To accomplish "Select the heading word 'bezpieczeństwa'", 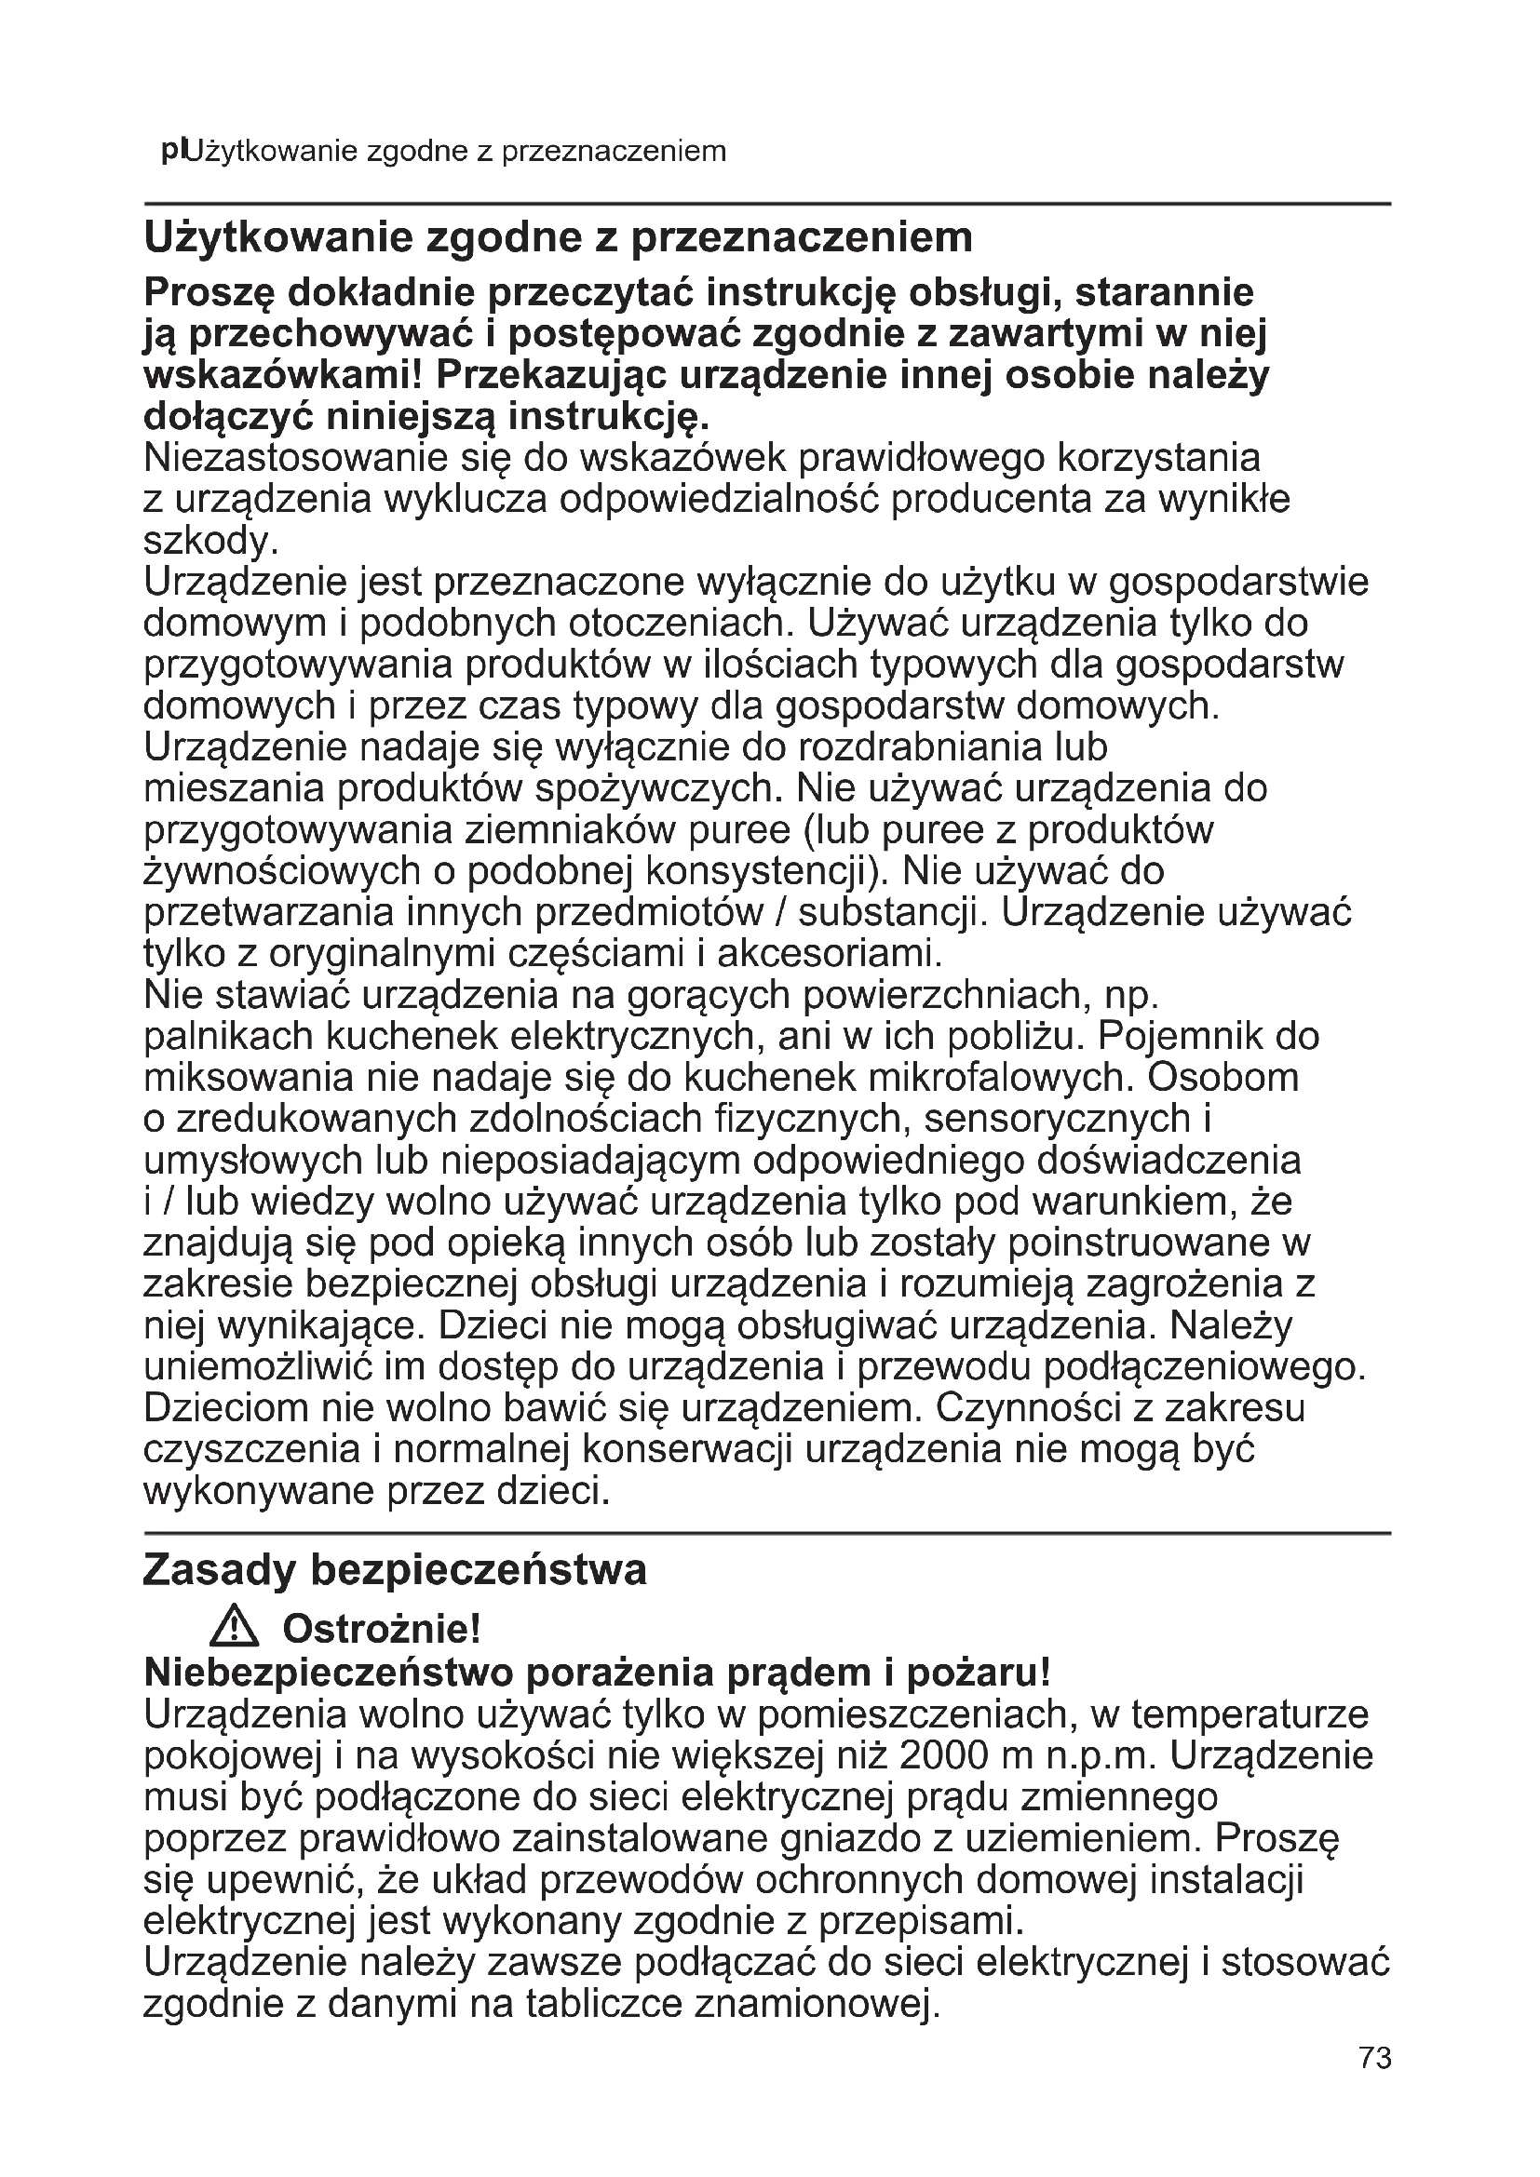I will (478, 1570).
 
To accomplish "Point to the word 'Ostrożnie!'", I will (381, 1630).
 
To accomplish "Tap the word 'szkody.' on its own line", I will (210, 542).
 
